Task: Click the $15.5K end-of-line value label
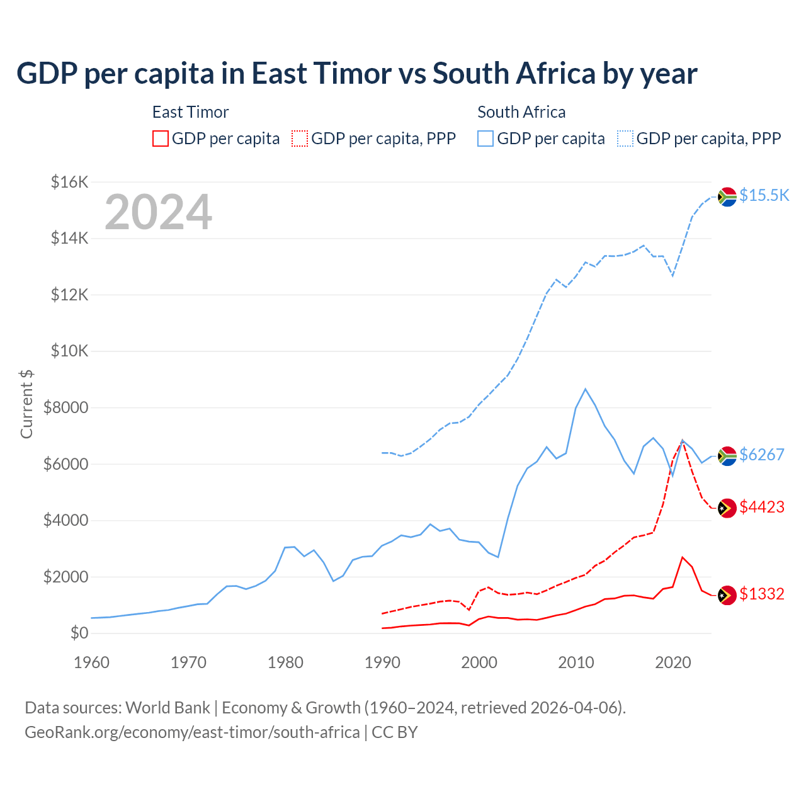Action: [x=764, y=195]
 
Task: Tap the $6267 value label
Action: [x=761, y=454]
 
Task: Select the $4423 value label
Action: [x=761, y=507]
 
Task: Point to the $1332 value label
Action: [x=761, y=594]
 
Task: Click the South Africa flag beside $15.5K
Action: [x=727, y=196]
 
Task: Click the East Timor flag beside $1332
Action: [x=727, y=595]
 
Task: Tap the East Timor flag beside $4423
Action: [x=727, y=508]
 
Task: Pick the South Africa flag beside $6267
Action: [x=727, y=455]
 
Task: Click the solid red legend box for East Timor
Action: [x=161, y=139]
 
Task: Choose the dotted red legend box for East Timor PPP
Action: [x=300, y=139]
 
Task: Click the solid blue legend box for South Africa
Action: [x=485, y=139]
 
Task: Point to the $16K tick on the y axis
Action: [x=69, y=182]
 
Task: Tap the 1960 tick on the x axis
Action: [x=92, y=662]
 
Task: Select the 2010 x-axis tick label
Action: [x=576, y=662]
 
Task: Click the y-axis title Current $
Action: [x=26, y=404]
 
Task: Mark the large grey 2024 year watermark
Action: [x=158, y=212]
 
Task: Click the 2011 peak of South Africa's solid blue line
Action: [x=586, y=389]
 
